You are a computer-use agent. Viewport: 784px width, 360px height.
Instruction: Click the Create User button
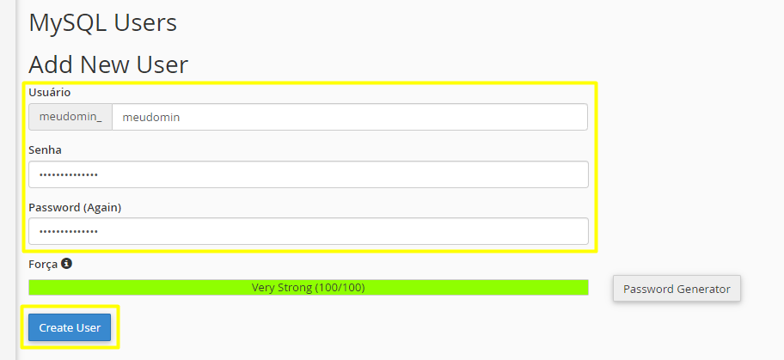pos(70,327)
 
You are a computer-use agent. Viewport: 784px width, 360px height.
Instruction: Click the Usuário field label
pos(50,93)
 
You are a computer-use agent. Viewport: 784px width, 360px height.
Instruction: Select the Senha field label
pos(45,150)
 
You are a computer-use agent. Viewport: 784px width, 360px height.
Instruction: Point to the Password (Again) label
pos(75,208)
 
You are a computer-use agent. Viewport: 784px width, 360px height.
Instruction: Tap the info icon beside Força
pos(66,263)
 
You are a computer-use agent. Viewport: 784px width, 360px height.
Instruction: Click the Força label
pos(43,265)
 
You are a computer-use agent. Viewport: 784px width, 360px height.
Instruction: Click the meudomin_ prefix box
pos(70,117)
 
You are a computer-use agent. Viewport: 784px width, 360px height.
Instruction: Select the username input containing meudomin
pos(350,117)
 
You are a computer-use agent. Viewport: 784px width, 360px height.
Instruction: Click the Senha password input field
pos(309,174)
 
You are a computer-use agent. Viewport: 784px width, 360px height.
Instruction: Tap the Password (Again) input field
pos(309,231)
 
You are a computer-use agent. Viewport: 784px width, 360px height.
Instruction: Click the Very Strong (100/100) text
pos(308,288)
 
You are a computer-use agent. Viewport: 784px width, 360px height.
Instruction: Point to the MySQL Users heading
pos(102,23)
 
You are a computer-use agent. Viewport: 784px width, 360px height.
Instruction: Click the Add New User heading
pos(108,65)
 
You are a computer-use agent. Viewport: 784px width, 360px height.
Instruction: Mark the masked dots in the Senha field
pos(69,175)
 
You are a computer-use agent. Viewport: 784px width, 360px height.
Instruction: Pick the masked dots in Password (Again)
pos(69,231)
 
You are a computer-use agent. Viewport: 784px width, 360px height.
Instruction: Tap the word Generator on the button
pos(703,289)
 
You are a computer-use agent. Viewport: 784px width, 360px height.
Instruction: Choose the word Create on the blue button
pos(53,328)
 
